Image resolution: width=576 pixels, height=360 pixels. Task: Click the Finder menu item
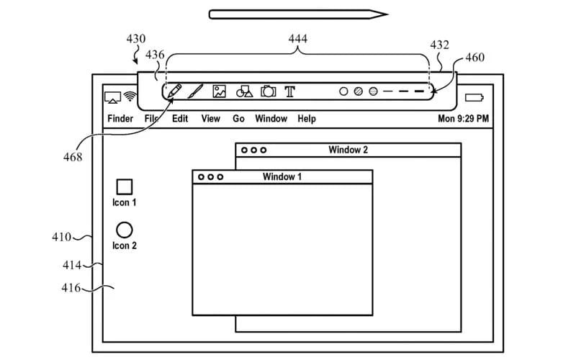point(120,119)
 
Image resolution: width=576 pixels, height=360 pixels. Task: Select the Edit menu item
point(180,119)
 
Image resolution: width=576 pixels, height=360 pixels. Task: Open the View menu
point(210,119)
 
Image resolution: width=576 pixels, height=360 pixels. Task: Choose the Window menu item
point(271,119)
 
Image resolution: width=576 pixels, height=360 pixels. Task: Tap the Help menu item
point(307,119)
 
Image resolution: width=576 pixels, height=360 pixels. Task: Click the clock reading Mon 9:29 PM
point(463,119)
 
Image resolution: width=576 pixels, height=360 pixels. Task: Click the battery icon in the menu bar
point(474,97)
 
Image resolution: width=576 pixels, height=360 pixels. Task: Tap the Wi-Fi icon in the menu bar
point(130,96)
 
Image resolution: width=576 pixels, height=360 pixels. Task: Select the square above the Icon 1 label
point(125,187)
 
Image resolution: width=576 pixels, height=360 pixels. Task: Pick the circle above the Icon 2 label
point(125,230)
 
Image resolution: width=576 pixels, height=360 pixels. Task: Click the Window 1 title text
point(282,177)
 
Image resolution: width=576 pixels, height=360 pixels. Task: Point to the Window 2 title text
point(348,150)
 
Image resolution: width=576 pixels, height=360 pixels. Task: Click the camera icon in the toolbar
point(268,91)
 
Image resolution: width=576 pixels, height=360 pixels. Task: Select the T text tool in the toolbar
point(289,91)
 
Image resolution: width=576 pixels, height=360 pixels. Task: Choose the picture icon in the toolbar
point(220,91)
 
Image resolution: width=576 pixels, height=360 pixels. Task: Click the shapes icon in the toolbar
point(244,91)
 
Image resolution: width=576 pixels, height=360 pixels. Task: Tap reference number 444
point(297,38)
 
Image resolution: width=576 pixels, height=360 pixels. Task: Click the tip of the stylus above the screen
point(387,13)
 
